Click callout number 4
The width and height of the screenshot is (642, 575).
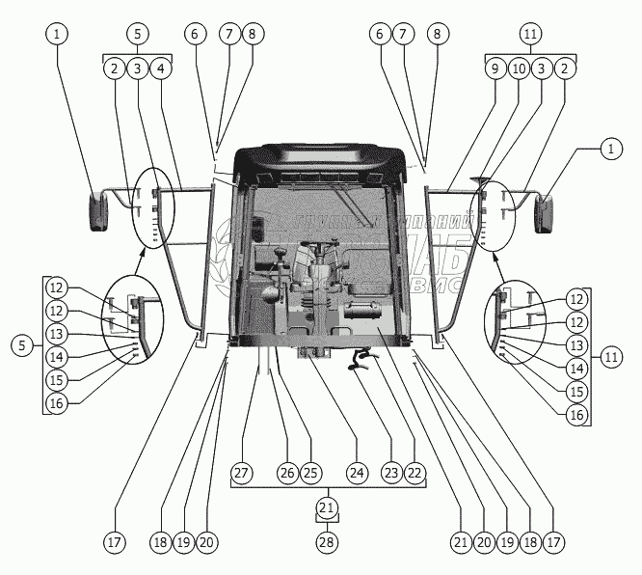(162, 69)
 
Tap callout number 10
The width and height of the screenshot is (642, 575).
(519, 69)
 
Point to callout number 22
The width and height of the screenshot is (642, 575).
(415, 473)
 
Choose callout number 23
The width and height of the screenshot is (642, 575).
(389, 473)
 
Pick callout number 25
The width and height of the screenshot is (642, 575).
(310, 473)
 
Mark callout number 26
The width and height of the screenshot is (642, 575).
(286, 473)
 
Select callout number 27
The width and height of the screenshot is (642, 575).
(241, 473)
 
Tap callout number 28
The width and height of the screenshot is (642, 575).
(328, 541)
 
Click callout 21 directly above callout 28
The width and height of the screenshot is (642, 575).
(328, 507)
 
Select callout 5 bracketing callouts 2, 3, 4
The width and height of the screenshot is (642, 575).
(138, 34)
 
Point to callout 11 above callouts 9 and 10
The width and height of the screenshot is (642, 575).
(530, 34)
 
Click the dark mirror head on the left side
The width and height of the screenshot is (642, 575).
(100, 212)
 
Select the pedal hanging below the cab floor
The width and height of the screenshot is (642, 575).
(359, 364)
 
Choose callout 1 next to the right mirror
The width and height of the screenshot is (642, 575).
(608, 150)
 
